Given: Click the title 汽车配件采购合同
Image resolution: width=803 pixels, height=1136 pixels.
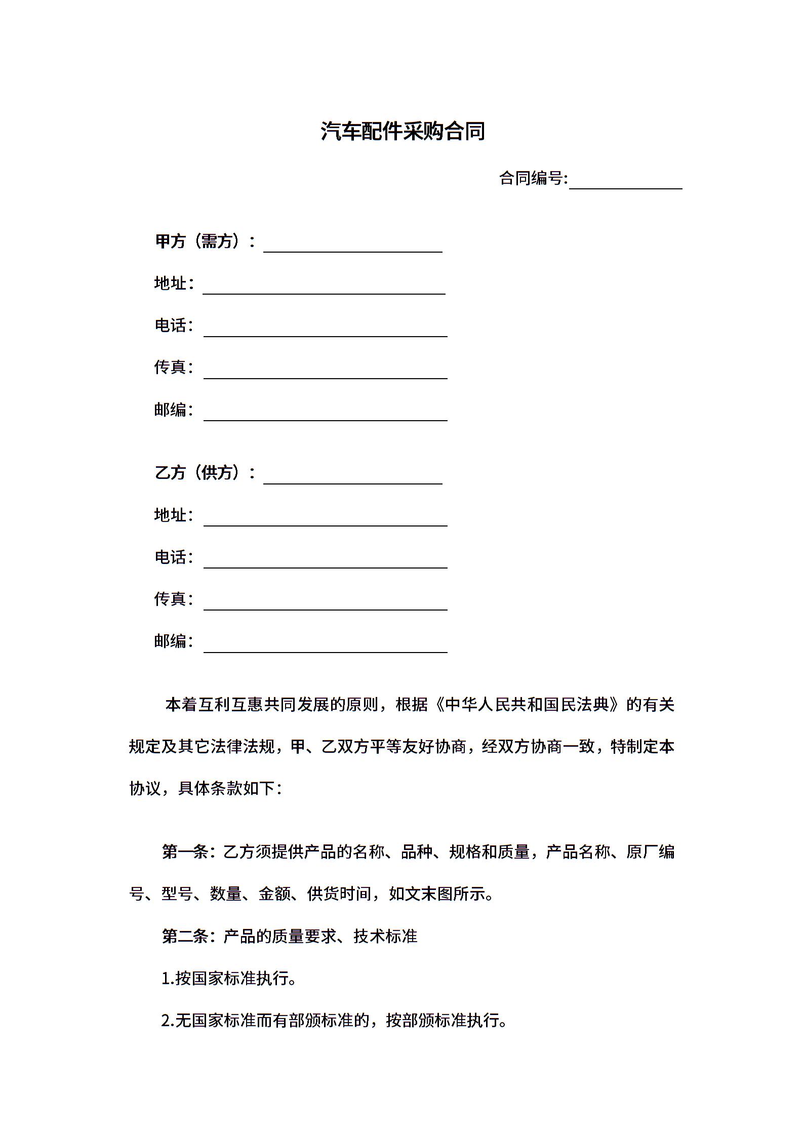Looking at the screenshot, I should [x=403, y=132].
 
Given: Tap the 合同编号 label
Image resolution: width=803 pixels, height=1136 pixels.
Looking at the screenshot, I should [x=533, y=178].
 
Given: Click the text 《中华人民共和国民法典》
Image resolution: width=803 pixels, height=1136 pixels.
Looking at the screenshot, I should [x=528, y=705].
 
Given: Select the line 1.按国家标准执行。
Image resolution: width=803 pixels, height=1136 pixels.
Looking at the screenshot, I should [x=229, y=979].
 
